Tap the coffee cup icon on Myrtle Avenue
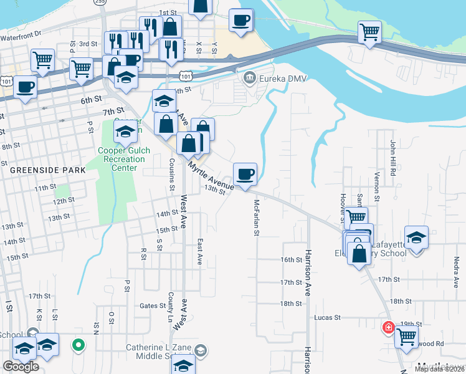(x=245, y=173)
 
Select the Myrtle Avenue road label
(x=211, y=175)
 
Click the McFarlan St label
(x=256, y=218)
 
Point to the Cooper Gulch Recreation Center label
(x=121, y=159)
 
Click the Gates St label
(x=151, y=305)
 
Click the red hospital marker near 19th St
(x=388, y=326)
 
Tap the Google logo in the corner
(x=21, y=367)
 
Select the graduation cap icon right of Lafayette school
(x=416, y=237)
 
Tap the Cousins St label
(x=172, y=174)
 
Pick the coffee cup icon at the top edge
(x=241, y=19)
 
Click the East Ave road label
(x=200, y=251)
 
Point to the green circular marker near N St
(x=78, y=344)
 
